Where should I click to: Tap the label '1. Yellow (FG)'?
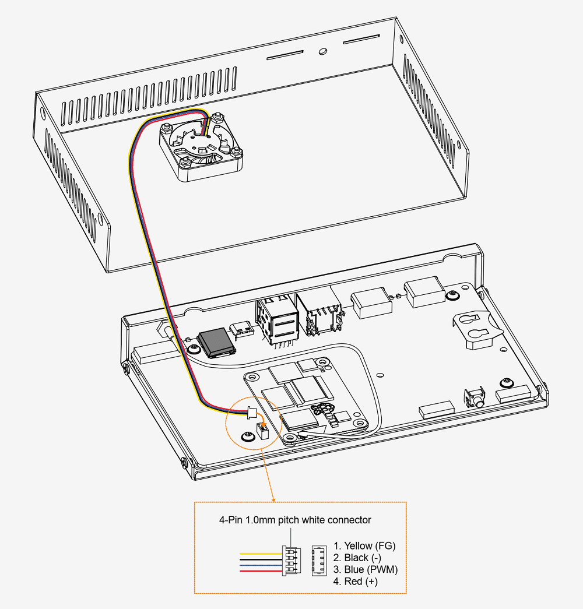click(x=364, y=546)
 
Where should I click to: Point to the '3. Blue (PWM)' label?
click(x=366, y=569)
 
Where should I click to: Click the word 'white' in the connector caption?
click(x=314, y=520)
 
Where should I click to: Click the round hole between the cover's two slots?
click(x=322, y=51)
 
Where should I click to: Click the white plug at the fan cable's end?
click(x=251, y=413)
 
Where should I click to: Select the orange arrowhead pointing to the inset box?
click(x=273, y=498)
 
